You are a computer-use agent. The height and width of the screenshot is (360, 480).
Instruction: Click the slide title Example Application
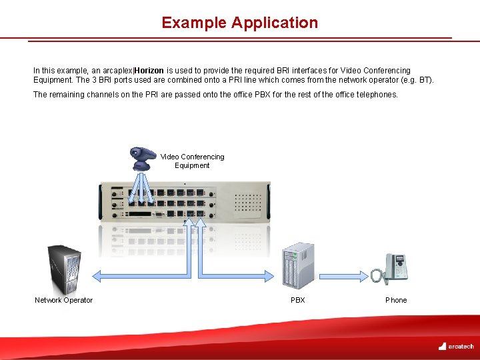point(239,23)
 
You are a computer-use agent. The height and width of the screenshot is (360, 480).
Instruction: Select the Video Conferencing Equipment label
point(192,161)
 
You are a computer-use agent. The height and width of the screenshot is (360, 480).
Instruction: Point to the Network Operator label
point(64,300)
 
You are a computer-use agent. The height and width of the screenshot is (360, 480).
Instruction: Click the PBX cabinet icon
point(297,266)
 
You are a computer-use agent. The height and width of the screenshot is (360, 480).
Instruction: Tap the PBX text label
point(298,300)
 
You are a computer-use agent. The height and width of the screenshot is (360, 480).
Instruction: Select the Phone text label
point(396,300)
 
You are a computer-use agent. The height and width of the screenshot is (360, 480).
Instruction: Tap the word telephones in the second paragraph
point(379,95)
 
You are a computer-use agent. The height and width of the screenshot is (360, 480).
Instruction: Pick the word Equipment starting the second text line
point(51,80)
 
